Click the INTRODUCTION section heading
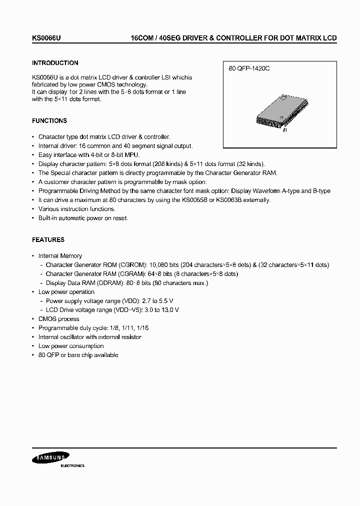55,63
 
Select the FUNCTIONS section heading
49,121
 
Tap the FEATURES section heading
48,240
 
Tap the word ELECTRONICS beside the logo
72,465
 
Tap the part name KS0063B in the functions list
239,200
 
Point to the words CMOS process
59,319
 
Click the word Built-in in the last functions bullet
49,218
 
